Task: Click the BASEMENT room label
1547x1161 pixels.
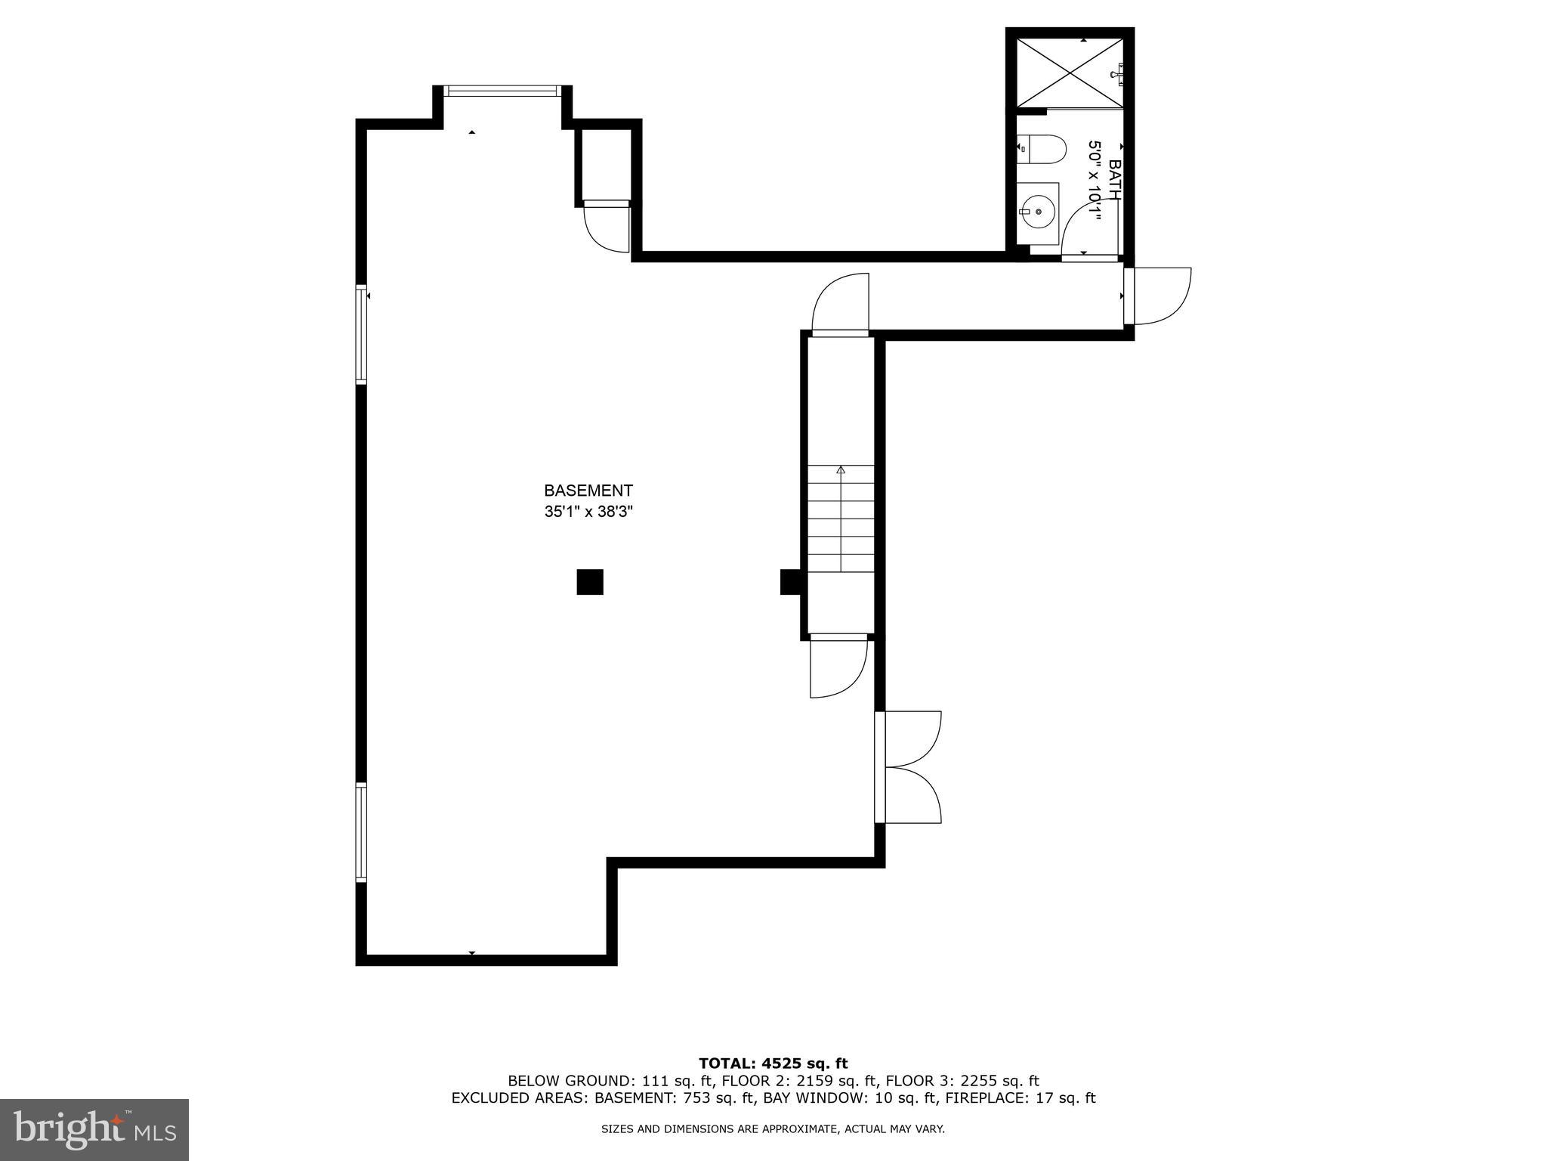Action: [588, 491]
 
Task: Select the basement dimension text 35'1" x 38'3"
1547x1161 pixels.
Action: [588, 512]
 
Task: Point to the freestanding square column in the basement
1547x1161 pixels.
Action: [590, 582]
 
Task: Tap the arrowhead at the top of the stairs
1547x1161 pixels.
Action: [841, 469]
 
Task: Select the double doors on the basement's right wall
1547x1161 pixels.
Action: [907, 767]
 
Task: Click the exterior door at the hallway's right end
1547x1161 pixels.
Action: [1156, 296]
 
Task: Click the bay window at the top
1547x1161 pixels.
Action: [502, 91]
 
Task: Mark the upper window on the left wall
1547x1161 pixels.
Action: [362, 334]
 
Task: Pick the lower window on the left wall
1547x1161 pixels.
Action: [362, 832]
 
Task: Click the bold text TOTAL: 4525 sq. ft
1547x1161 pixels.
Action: [773, 1063]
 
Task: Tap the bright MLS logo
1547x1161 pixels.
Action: [94, 1129]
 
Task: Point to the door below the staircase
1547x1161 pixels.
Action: [837, 667]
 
